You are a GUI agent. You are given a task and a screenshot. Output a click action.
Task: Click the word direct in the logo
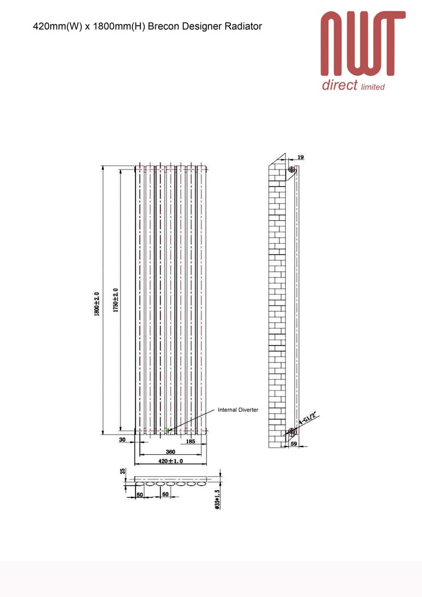[340, 85]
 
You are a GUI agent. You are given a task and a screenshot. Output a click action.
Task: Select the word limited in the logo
[373, 87]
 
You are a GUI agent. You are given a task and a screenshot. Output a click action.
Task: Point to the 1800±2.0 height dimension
[97, 304]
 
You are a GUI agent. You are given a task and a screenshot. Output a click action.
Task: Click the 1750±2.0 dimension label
[115, 300]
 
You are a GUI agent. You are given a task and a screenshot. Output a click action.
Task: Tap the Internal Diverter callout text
[238, 410]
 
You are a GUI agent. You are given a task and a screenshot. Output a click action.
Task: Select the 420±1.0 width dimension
[171, 461]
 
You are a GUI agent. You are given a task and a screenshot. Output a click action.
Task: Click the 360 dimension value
[171, 451]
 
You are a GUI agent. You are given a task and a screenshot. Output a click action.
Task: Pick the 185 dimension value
[190, 441]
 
